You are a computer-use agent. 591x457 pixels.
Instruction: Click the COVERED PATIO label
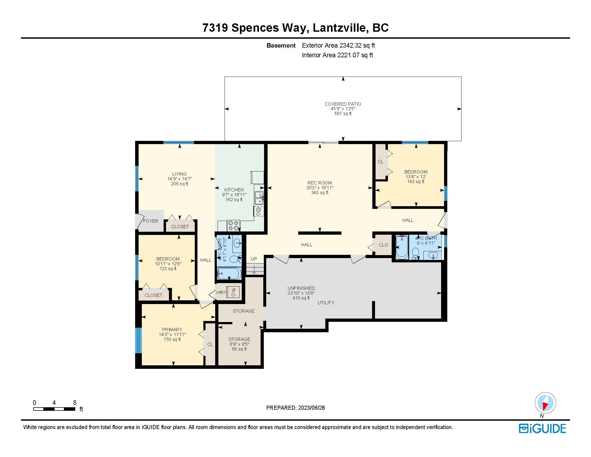click(x=343, y=104)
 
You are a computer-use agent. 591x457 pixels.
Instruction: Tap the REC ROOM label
click(x=319, y=183)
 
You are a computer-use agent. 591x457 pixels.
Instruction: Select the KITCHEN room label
click(x=234, y=190)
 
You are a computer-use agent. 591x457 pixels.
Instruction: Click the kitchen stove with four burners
click(x=233, y=226)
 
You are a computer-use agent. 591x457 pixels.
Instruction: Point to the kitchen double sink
click(x=259, y=198)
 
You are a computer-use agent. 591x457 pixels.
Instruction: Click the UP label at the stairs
click(x=254, y=259)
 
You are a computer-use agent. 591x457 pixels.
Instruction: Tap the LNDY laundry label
click(x=221, y=292)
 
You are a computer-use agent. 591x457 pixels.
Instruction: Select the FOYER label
click(x=150, y=221)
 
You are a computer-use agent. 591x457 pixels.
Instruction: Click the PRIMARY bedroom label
click(x=172, y=330)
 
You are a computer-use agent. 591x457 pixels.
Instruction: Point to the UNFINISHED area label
click(x=301, y=288)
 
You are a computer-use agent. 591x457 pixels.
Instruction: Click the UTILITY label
click(x=326, y=303)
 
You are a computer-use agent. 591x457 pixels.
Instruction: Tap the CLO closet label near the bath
click(x=383, y=245)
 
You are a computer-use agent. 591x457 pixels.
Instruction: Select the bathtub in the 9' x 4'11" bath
click(x=402, y=247)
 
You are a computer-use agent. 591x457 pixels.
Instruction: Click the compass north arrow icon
click(x=545, y=403)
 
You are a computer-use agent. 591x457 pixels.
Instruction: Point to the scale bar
click(x=54, y=409)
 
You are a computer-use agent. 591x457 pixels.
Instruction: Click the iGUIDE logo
click(x=542, y=428)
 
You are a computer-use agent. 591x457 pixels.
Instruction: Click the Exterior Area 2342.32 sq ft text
click(x=338, y=45)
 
